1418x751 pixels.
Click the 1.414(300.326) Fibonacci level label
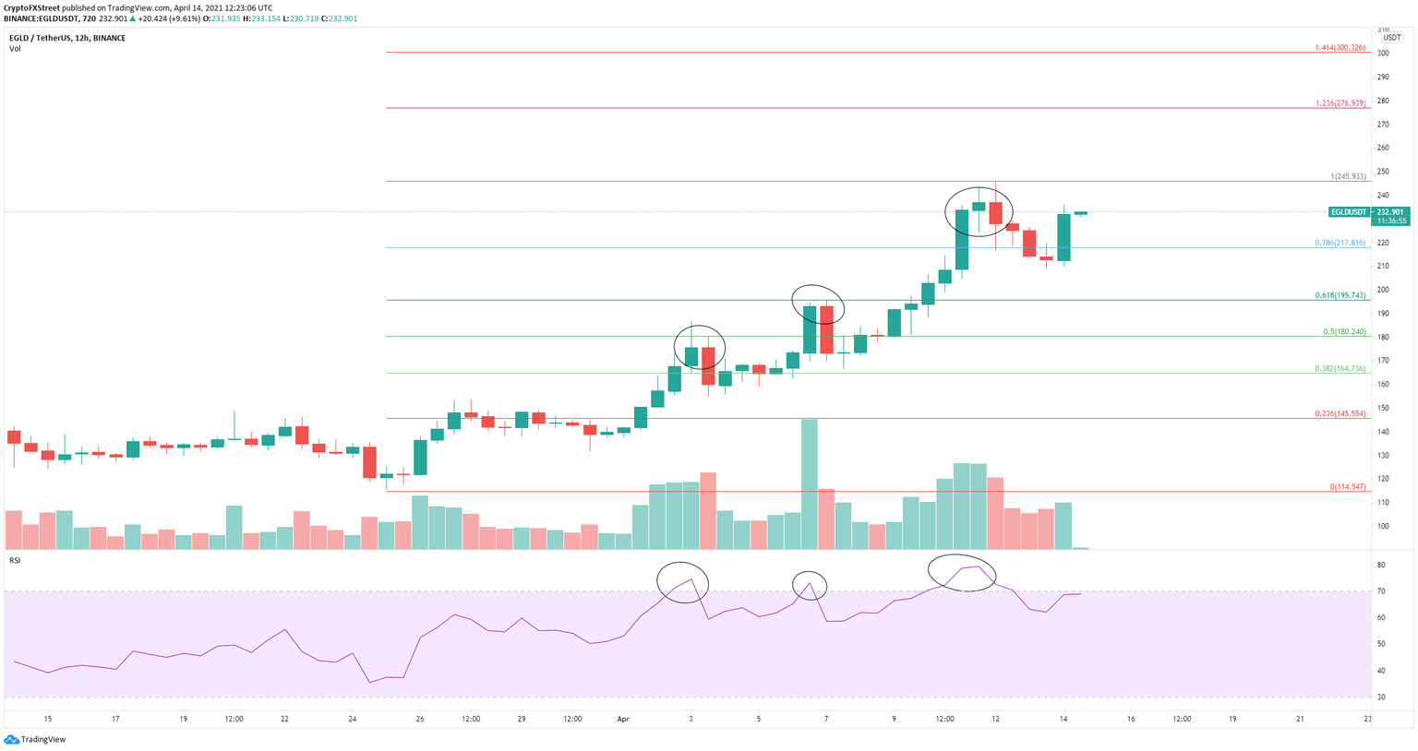(x=1340, y=47)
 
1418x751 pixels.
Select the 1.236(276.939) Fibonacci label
(x=1340, y=103)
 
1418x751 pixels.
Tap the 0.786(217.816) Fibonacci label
(x=1340, y=243)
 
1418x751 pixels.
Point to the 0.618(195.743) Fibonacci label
(x=1340, y=295)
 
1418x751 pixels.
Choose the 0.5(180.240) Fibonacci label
(x=1344, y=331)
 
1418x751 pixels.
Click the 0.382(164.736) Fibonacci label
(x=1340, y=368)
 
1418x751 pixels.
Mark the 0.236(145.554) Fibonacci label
(x=1340, y=413)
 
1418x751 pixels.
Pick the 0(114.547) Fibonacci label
(x=1348, y=486)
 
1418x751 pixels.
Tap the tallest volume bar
(x=810, y=484)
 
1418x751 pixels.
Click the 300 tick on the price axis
(x=1383, y=54)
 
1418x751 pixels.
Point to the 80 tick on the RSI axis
(x=1381, y=565)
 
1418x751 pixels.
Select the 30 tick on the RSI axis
(x=1381, y=697)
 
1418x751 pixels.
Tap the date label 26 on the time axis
(x=420, y=719)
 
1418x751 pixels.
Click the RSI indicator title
(x=15, y=560)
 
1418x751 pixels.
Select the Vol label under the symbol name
(x=15, y=48)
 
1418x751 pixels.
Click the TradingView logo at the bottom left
(x=35, y=739)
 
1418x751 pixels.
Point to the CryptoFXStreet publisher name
(x=31, y=7)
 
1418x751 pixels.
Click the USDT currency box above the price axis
(x=1392, y=38)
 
